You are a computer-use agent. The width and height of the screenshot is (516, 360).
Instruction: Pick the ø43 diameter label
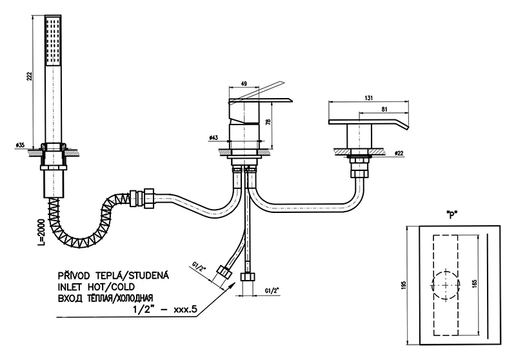pyautogui.click(x=214, y=137)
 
